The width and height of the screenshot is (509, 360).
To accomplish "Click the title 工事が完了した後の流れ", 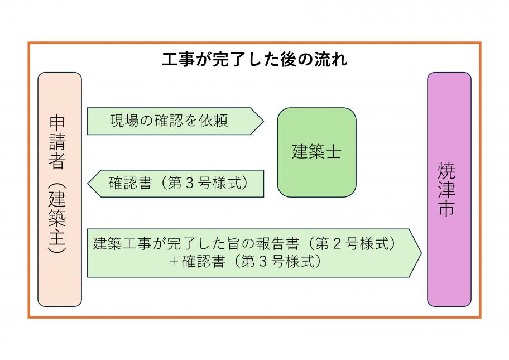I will [x=254, y=60].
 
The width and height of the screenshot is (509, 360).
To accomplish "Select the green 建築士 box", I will [x=316, y=152].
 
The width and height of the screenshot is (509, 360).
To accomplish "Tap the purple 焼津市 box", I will [x=449, y=190].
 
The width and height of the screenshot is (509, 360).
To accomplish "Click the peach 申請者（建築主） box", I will [x=60, y=190].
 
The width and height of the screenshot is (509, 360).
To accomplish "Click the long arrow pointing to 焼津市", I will [x=254, y=252].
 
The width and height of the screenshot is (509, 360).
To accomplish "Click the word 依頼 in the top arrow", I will [x=213, y=121].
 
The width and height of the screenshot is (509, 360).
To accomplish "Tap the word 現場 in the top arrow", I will [x=123, y=121].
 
